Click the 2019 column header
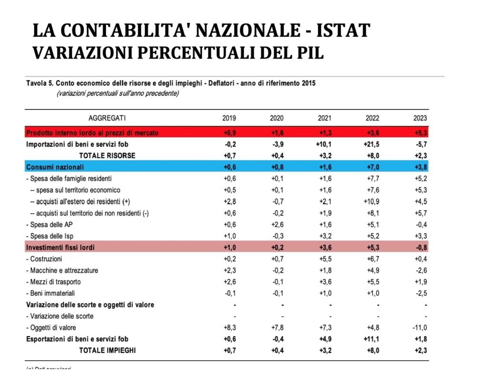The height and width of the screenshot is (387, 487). (x=229, y=118)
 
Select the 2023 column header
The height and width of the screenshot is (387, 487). (x=420, y=118)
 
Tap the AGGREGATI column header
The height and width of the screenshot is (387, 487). (x=107, y=118)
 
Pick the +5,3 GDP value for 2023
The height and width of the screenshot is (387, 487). (x=420, y=133)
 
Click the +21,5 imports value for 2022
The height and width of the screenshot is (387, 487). (x=371, y=144)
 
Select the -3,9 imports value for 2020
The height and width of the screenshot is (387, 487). (x=277, y=144)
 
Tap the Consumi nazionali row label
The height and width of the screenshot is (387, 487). (x=55, y=167)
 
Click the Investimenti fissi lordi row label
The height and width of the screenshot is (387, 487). (x=60, y=248)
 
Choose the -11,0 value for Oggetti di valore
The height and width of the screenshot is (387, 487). (x=419, y=327)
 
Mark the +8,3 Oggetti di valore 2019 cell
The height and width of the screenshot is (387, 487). (x=229, y=327)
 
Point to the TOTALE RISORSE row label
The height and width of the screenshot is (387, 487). (x=107, y=156)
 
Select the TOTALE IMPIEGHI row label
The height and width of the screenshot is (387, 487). (x=107, y=350)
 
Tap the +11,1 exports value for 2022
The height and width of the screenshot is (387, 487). (x=371, y=339)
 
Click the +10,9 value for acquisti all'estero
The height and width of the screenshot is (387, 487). (x=371, y=202)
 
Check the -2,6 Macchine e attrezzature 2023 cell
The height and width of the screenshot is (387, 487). (x=420, y=270)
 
